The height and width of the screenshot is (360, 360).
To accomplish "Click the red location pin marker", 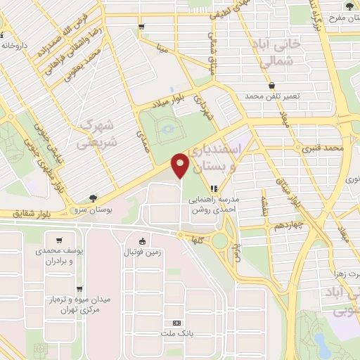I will click(x=181, y=166).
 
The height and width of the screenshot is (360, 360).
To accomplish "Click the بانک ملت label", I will click(x=176, y=333).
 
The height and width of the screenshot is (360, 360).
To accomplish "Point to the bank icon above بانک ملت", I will click(x=176, y=321).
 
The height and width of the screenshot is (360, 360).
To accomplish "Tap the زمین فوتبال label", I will click(x=143, y=252).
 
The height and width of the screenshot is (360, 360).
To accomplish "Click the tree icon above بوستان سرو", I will click(x=94, y=199).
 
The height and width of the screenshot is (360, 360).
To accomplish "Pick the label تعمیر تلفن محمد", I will click(x=272, y=95).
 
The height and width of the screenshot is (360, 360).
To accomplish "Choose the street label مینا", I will click(x=162, y=50).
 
